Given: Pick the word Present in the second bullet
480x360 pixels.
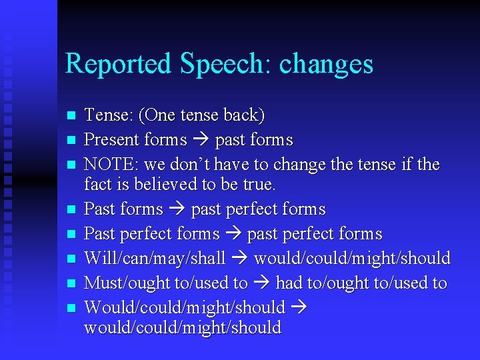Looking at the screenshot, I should pos(111,140).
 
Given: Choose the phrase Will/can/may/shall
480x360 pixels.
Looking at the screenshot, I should pos(155,259).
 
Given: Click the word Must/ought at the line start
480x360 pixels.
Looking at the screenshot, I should pos(127,283).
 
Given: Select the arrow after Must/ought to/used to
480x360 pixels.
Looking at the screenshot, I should pos(261,283).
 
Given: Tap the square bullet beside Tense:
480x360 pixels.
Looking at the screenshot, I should pos(72,116).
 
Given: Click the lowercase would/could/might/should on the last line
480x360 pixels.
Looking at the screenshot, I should pos(182,328).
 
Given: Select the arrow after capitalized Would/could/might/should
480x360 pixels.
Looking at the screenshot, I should pos(298,307).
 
